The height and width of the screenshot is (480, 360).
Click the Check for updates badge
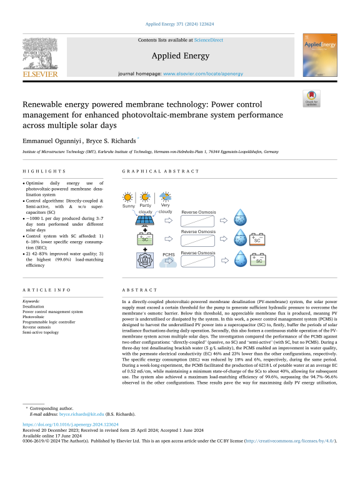click(x=311, y=99)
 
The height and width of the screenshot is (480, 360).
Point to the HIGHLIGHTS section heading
click(x=44, y=171)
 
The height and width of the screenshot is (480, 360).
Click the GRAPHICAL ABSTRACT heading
click(x=152, y=171)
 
